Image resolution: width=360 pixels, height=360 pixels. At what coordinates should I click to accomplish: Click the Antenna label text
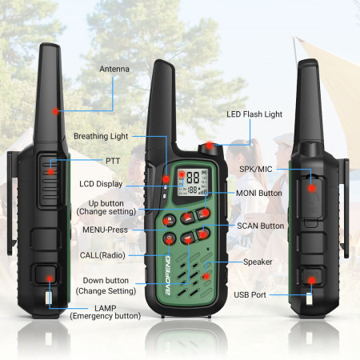tap(114, 69)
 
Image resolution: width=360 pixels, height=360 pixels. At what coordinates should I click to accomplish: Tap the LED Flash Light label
tap(254, 114)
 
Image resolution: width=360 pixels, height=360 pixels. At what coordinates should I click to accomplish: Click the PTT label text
tap(112, 161)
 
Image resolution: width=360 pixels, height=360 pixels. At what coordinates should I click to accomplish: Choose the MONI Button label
tap(259, 193)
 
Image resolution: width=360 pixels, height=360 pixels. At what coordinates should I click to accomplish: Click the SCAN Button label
tap(260, 226)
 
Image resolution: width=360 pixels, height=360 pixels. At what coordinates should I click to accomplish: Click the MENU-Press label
tap(106, 230)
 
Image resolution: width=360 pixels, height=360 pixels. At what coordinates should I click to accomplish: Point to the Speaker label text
tap(258, 262)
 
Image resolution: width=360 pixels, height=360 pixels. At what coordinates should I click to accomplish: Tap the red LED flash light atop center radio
tap(208, 145)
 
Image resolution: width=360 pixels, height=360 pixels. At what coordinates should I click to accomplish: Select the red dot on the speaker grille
tap(206, 275)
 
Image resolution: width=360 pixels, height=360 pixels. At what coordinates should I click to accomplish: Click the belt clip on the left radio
tap(10, 200)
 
